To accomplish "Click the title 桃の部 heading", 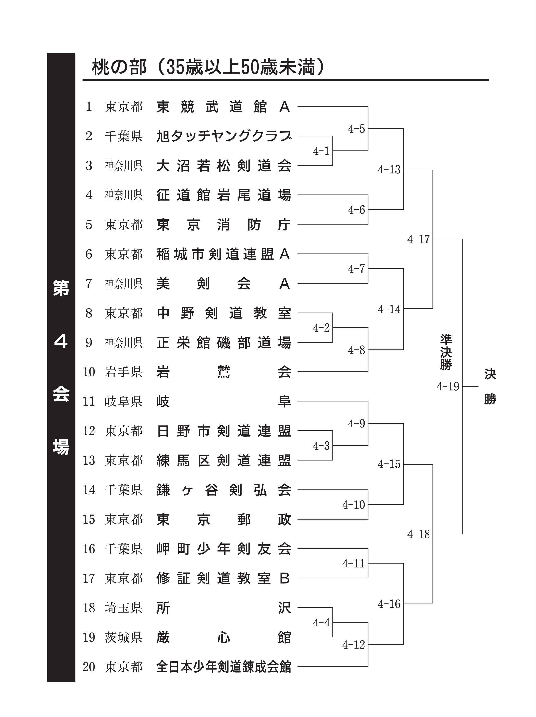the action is pos(208,67).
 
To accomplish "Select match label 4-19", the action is pos(448,386).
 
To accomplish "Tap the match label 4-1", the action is pos(321,151).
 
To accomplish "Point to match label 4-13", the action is pos(389,169).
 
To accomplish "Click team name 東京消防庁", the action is pos(223,225).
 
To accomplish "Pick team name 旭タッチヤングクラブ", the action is pos(223,136).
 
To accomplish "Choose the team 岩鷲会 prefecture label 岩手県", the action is pos(123,372).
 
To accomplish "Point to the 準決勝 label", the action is pos(446,352).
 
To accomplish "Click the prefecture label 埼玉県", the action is pos(123,608).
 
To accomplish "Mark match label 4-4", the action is pos(321,622).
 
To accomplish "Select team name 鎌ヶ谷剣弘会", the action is pos(223,490).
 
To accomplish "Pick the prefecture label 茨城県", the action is pos(123,637).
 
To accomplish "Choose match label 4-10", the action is pos(353,504).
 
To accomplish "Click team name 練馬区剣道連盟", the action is pos(223,460).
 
